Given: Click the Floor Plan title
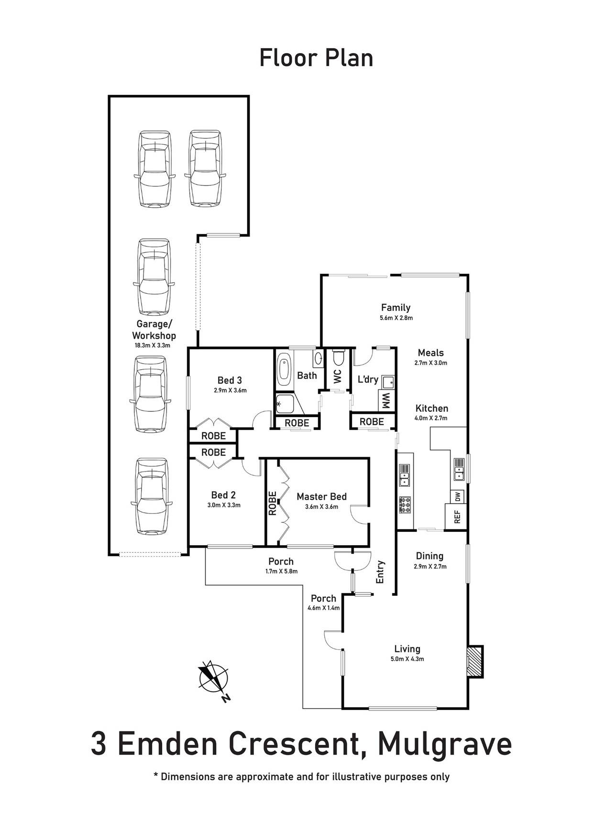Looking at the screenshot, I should click(x=316, y=58).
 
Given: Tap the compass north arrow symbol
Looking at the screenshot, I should click(x=213, y=678).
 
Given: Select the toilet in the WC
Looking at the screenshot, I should click(x=338, y=357).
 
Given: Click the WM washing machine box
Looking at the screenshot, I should click(x=385, y=400).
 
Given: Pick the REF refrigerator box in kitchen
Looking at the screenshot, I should click(x=456, y=516).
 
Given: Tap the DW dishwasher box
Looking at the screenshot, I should click(x=457, y=497).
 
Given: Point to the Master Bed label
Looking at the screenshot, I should click(x=321, y=497).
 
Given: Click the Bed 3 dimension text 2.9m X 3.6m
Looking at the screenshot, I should click(x=230, y=390).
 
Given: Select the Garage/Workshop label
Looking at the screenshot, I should click(x=154, y=330).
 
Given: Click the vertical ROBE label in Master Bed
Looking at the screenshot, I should click(x=273, y=503).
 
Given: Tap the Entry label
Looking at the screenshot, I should click(x=381, y=571).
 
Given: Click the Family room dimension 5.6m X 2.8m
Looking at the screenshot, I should click(x=396, y=318).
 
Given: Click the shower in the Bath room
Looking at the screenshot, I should click(x=288, y=404).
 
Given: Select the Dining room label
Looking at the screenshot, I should click(x=429, y=556).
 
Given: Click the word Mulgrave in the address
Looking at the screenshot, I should click(x=445, y=744).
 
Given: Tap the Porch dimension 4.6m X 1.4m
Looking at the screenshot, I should click(x=324, y=608).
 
